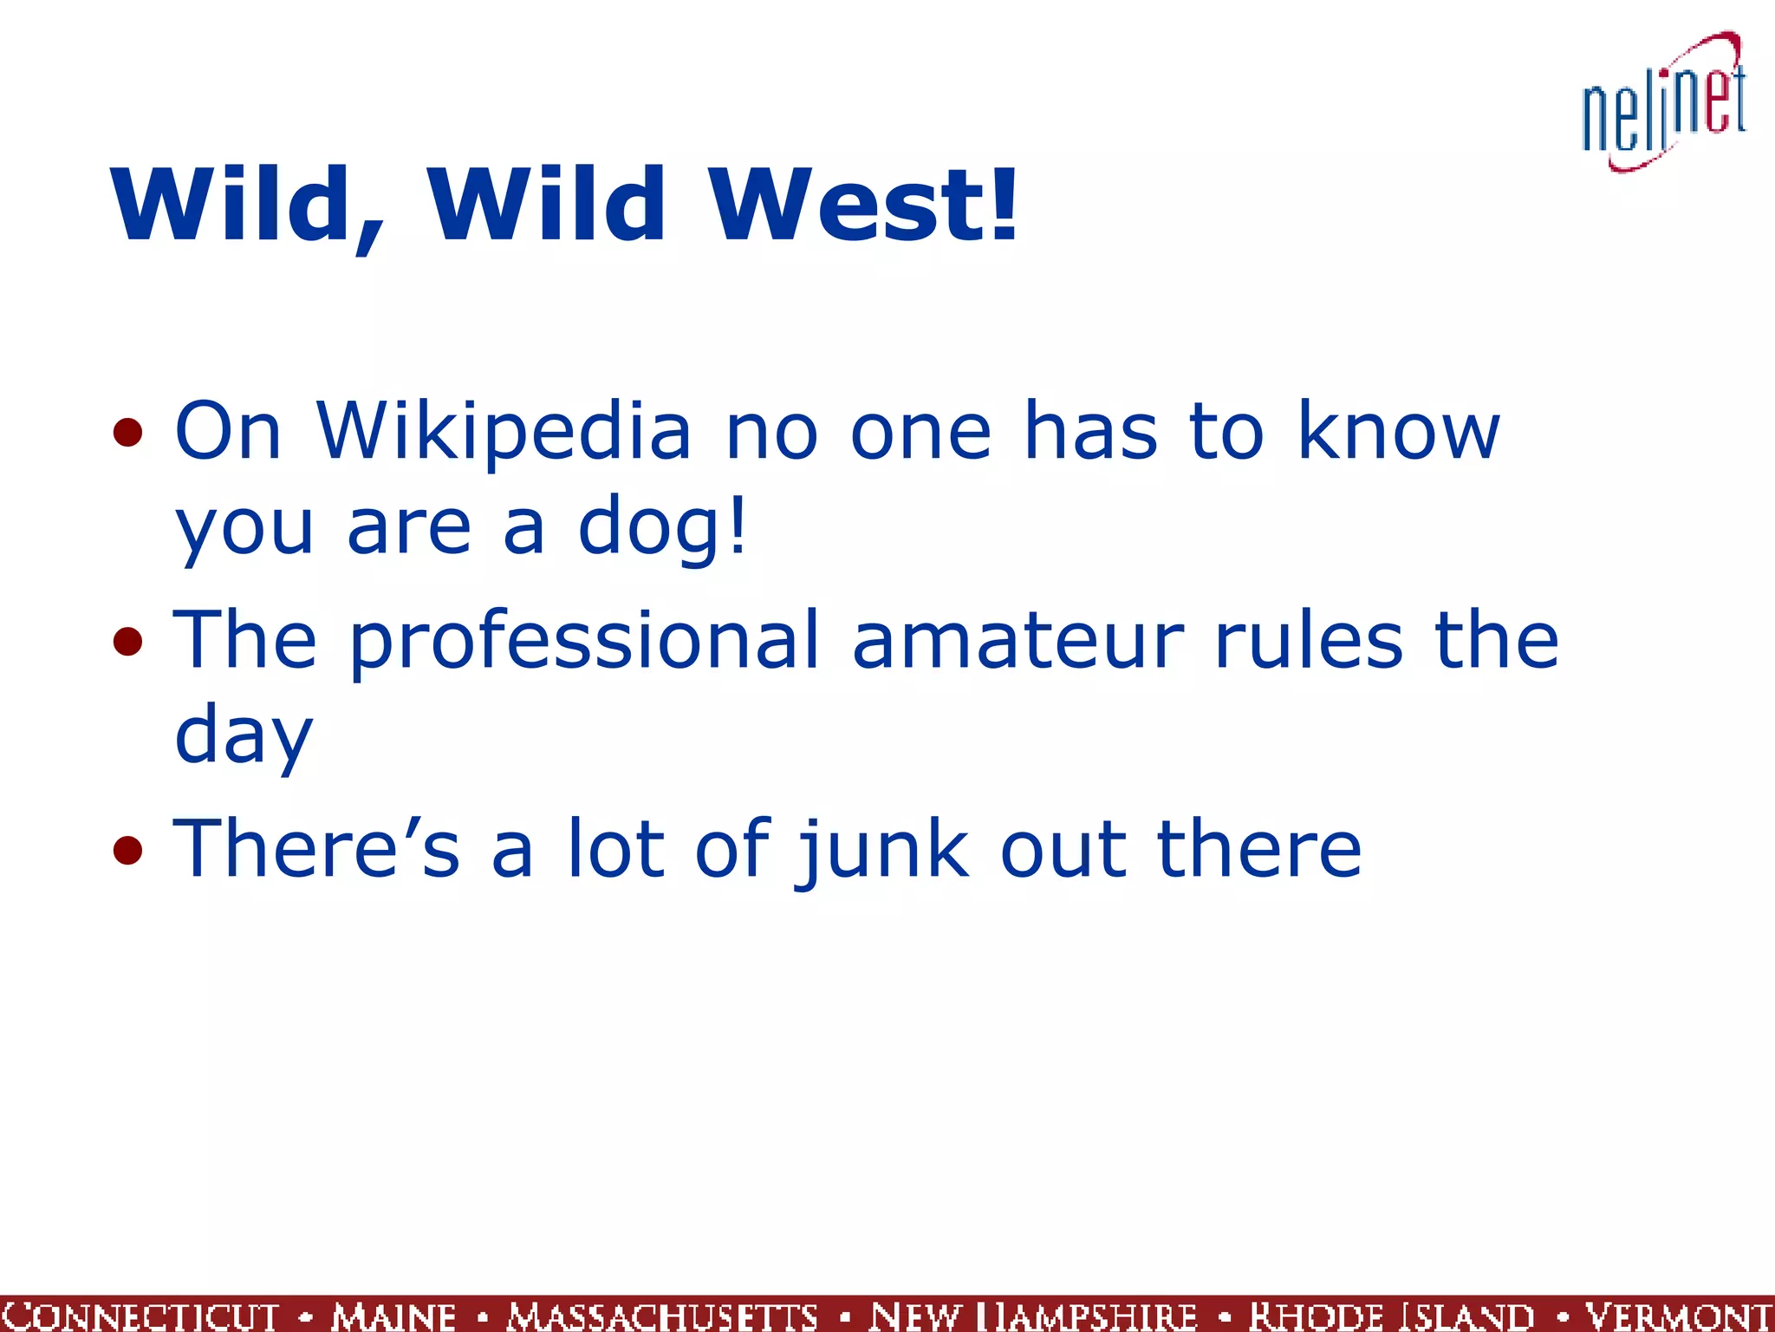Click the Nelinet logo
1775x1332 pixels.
(x=1664, y=102)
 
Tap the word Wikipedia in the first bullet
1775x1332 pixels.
(x=504, y=431)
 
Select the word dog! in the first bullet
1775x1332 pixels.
(x=662, y=526)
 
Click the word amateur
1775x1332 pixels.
(x=1018, y=640)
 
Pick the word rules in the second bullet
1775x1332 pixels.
(x=1308, y=640)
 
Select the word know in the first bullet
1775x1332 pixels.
(x=1398, y=431)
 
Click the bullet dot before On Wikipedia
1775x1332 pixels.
(x=127, y=432)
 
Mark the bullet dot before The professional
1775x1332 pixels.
(x=127, y=642)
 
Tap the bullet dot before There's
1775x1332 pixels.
(x=127, y=851)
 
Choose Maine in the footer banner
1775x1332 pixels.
(x=393, y=1316)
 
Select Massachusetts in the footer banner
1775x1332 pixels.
(x=663, y=1316)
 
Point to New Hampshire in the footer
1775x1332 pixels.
(x=1033, y=1316)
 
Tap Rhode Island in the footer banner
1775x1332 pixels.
(x=1391, y=1316)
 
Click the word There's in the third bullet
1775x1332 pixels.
(x=316, y=850)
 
